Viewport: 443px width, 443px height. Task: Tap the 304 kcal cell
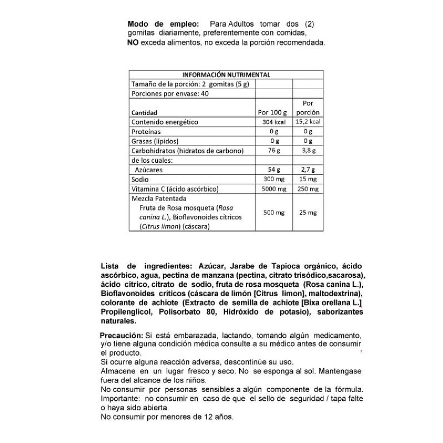tap(272, 122)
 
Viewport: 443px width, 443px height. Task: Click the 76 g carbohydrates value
tap(272, 151)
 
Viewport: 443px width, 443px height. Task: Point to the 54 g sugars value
tap(272, 169)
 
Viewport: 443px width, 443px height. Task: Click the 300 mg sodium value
tap(272, 179)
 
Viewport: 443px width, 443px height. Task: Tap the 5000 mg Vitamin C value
tap(272, 189)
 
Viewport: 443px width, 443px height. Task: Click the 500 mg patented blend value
tap(272, 213)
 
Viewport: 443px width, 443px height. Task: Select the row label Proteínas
tap(146, 132)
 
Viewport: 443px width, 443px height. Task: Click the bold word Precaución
tap(121, 336)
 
